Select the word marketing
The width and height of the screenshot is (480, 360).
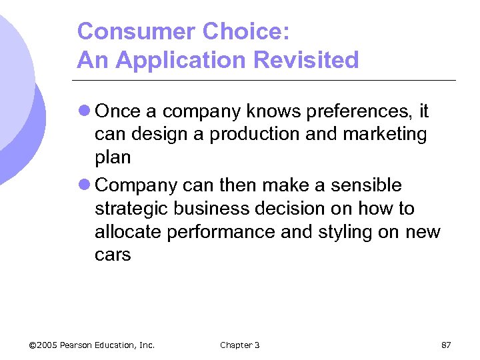[385, 135]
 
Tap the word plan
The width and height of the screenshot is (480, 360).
[113, 158]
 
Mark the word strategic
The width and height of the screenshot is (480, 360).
[131, 209]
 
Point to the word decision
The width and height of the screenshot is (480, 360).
[291, 209]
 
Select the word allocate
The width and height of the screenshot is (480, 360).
[129, 232]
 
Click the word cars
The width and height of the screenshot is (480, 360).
[113, 255]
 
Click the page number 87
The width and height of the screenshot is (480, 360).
[446, 345]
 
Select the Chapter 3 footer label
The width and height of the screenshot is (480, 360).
[239, 345]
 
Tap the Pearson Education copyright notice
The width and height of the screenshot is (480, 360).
[92, 345]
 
